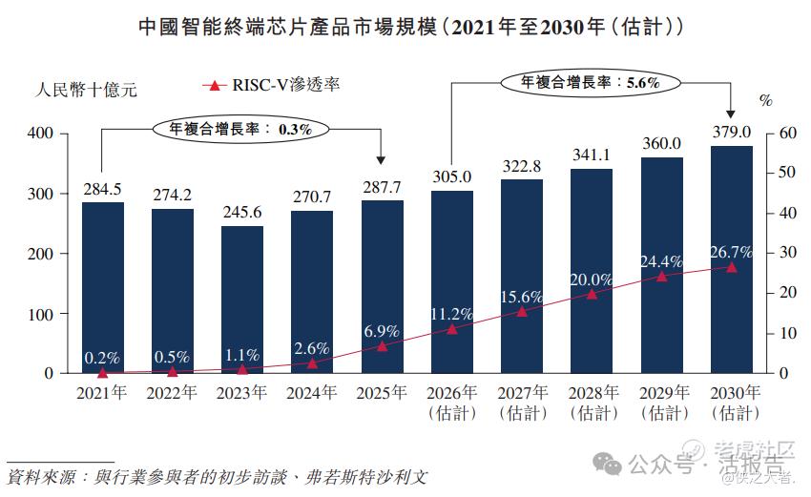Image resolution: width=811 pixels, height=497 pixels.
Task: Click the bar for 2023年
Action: click(x=242, y=300)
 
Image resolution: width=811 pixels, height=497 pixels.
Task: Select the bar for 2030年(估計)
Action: click(x=732, y=259)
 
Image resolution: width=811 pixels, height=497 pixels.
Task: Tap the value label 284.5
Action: click(x=102, y=189)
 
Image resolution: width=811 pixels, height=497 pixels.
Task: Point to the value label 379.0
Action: click(x=732, y=132)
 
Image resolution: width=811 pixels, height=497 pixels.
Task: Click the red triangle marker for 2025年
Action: click(x=382, y=346)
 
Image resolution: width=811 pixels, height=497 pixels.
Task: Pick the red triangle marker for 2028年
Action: click(x=592, y=294)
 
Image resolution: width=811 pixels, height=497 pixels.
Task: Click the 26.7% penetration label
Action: click(x=731, y=252)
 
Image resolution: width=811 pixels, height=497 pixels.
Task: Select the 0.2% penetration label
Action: click(x=102, y=358)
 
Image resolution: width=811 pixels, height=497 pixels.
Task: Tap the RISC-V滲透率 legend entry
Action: click(x=271, y=85)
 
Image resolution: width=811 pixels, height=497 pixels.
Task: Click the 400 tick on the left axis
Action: click(x=40, y=133)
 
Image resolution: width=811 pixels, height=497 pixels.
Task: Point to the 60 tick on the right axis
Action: click(x=787, y=133)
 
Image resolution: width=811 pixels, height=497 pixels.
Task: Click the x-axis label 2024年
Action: click(x=311, y=392)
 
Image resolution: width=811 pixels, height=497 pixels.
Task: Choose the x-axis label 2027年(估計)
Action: click(x=523, y=403)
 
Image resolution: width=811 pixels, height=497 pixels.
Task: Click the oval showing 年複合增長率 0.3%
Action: click(x=241, y=129)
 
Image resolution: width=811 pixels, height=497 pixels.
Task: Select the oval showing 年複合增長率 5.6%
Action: click(x=591, y=82)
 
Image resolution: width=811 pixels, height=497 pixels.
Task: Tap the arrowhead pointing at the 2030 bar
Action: click(x=730, y=114)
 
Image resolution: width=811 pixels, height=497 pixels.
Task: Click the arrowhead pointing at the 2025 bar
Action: click(x=381, y=160)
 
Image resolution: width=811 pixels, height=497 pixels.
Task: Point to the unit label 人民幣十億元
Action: click(x=86, y=90)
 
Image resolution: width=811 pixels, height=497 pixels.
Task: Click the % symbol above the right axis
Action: click(x=766, y=100)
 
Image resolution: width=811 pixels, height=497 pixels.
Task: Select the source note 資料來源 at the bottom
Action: click(x=218, y=477)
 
